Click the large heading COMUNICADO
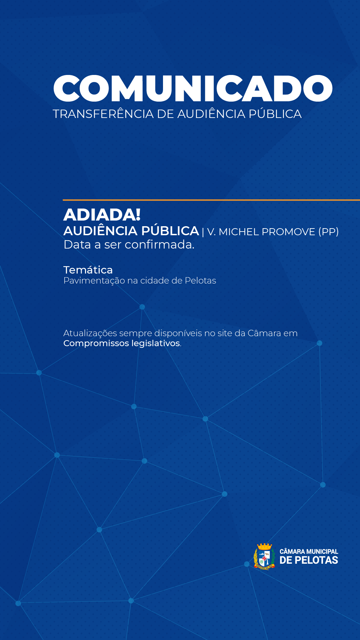(x=193, y=88)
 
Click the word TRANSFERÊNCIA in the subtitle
(x=103, y=114)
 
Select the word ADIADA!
(x=102, y=215)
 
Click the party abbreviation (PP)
(x=328, y=232)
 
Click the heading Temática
(x=88, y=270)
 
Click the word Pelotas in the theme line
(x=200, y=281)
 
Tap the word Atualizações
(x=90, y=333)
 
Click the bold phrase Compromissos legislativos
(x=122, y=343)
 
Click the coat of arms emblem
(x=264, y=556)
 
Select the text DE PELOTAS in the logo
(x=309, y=560)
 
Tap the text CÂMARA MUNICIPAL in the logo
(x=309, y=551)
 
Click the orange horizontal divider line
(x=211, y=200)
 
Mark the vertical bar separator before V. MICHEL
(x=203, y=232)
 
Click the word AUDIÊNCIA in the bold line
(x=100, y=231)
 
